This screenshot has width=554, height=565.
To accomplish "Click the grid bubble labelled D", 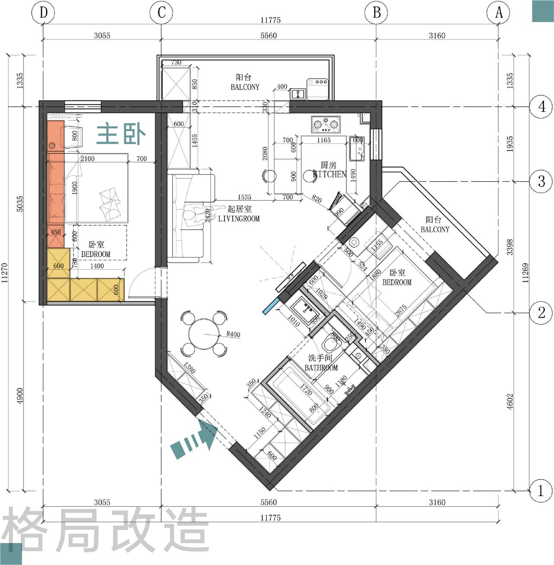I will (x=43, y=13).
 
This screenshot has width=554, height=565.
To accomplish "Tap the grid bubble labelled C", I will (x=161, y=13).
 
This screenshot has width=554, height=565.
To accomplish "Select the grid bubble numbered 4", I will (x=541, y=106).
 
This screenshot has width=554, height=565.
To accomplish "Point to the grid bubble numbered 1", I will (x=541, y=491).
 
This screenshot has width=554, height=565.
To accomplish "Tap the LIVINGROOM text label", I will (x=239, y=219).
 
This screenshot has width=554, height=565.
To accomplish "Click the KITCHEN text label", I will (x=330, y=174).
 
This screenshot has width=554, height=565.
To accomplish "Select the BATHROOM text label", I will (x=321, y=368).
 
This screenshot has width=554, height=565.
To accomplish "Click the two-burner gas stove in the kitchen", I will (x=325, y=125).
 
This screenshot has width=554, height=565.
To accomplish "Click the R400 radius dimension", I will (x=233, y=334).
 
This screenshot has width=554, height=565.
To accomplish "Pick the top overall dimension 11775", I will (x=271, y=20).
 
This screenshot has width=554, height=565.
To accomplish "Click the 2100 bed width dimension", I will (x=87, y=159).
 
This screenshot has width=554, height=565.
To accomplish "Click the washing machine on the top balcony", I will (x=319, y=89).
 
